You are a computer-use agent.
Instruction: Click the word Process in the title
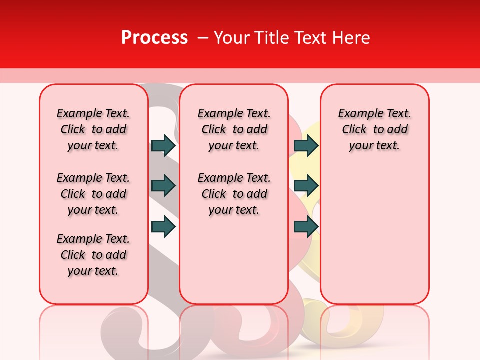click(x=154, y=38)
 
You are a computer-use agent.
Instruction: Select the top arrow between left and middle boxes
click(x=163, y=145)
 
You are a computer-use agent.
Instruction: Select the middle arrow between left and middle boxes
click(x=163, y=186)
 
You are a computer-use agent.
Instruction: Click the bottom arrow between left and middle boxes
click(x=163, y=227)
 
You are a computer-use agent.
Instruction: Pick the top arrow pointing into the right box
click(x=306, y=145)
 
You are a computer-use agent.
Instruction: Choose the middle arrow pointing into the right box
click(x=306, y=186)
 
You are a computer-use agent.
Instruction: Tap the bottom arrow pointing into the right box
click(x=306, y=227)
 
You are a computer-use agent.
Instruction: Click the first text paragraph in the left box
click(x=93, y=129)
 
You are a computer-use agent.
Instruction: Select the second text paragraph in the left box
click(x=93, y=194)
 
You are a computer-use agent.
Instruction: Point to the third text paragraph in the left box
click(x=93, y=255)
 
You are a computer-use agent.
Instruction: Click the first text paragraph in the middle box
click(x=234, y=129)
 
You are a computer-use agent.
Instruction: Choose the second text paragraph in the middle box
click(x=234, y=194)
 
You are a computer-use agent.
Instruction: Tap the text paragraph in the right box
click(x=374, y=129)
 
